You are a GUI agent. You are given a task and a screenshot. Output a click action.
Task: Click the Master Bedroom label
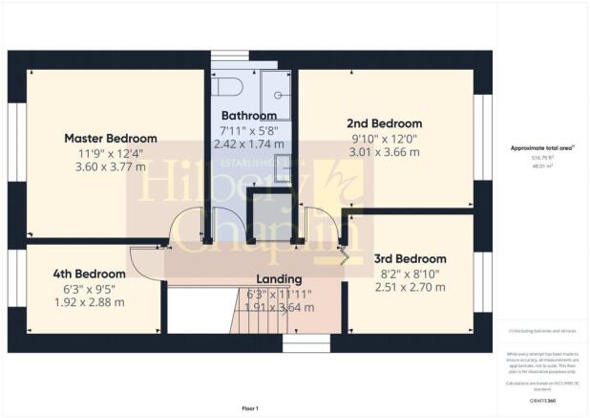pos(110,139)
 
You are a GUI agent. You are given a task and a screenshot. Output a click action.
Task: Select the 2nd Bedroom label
pos(384,124)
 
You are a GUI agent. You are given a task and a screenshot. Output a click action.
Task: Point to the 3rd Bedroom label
pos(409,258)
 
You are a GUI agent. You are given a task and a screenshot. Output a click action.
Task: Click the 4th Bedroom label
pos(89,274)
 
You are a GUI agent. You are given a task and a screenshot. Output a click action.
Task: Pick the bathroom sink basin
pos(283,173)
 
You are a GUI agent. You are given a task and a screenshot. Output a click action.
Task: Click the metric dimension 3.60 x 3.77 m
pos(110,166)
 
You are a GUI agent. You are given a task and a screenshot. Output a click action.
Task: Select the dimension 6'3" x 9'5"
pos(89,288)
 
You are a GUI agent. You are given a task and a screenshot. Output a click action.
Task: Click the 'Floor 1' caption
pos(250,408)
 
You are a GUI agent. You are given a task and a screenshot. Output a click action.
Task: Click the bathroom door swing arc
pos(221,217)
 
